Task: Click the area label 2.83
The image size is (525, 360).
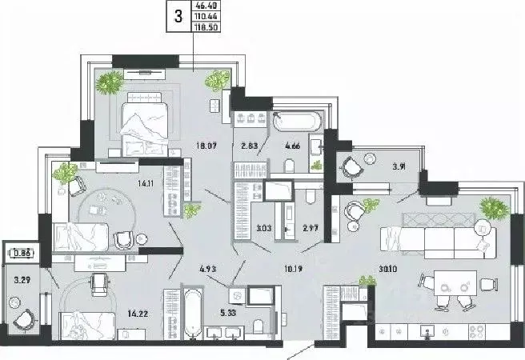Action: (x=249, y=146)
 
